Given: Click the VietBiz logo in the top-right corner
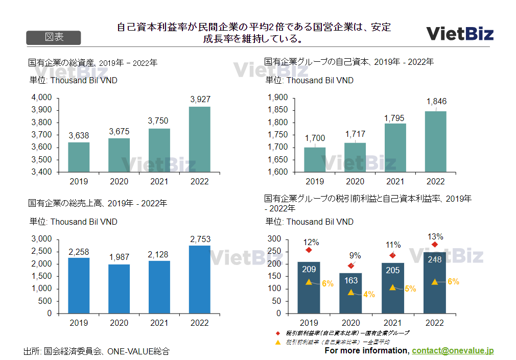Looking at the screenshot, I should (460, 34).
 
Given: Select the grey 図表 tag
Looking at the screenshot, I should (53, 38).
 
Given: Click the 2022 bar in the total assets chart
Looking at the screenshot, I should (199, 139).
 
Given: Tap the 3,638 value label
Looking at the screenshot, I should (79, 135).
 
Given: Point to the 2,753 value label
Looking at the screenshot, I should (200, 239).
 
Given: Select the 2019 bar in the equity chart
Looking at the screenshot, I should (315, 159).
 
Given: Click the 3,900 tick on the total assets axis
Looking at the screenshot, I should (42, 110).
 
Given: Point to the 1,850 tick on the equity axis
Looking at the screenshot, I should (278, 110).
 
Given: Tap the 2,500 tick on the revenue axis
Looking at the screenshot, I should (42, 251).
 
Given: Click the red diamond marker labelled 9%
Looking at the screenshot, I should (350, 266).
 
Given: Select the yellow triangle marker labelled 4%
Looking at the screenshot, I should (350, 292).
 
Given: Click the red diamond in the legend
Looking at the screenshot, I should (278, 333).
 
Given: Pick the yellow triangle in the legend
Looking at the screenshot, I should (278, 342).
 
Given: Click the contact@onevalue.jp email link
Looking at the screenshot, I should (453, 351).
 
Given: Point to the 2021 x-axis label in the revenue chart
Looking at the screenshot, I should (159, 323).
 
